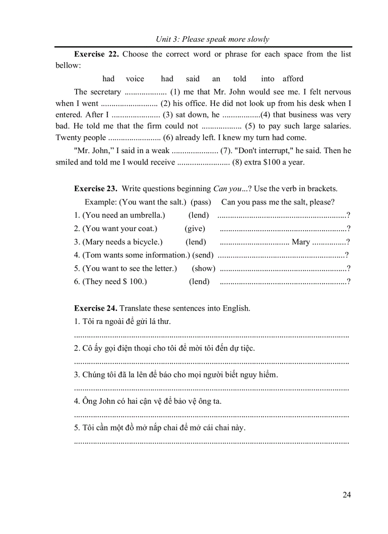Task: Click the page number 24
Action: click(347, 495)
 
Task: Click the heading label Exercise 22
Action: click(96, 54)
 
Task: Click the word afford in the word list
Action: click(293, 79)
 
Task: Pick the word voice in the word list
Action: click(135, 79)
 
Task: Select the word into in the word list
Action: click(268, 79)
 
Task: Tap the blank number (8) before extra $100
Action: click(237, 162)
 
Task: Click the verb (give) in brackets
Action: click(195, 228)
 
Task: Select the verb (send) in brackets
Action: click(203, 255)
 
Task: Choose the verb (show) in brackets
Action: click(204, 268)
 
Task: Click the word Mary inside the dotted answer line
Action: click(301, 242)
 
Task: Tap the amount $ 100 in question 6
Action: click(134, 282)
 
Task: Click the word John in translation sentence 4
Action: click(112, 401)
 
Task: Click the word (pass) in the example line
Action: click(201, 202)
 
